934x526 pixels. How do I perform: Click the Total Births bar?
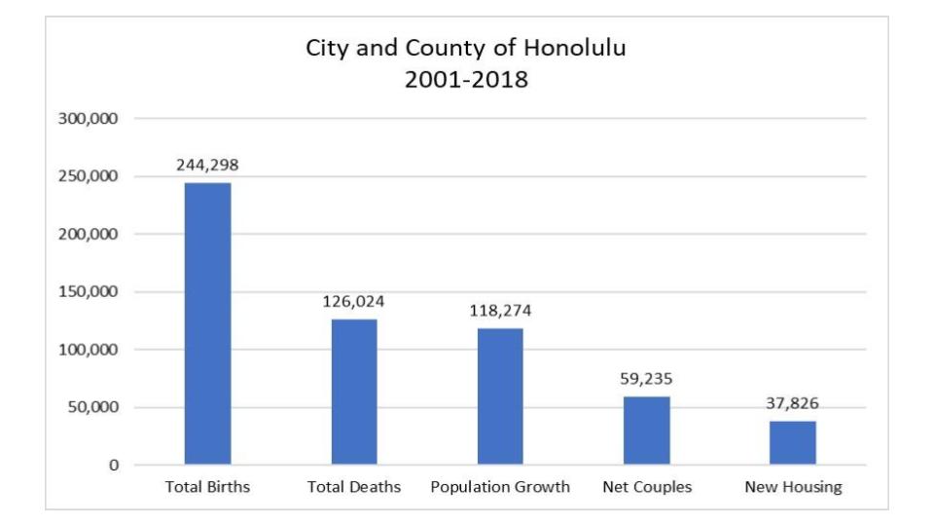[207, 323]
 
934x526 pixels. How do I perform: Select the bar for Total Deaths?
[354, 392]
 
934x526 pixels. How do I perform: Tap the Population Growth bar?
[500, 396]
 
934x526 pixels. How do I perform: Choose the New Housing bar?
[792, 442]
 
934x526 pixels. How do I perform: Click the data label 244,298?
[207, 165]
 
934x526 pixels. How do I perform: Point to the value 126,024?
[354, 301]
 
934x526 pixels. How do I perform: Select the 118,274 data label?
[500, 311]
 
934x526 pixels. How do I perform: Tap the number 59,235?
[646, 379]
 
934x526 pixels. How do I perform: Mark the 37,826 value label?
[792, 403]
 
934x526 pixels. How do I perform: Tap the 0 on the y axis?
[113, 466]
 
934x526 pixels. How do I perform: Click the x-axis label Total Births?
[207, 488]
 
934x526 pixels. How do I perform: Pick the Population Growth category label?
[500, 488]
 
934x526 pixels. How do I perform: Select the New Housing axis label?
[792, 488]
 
